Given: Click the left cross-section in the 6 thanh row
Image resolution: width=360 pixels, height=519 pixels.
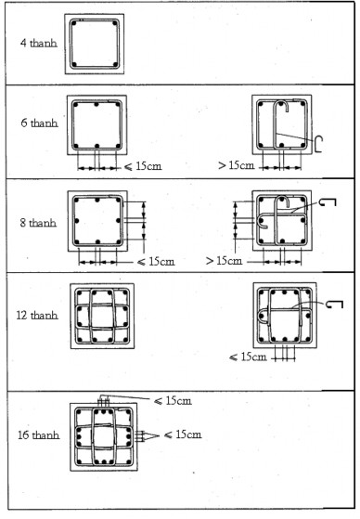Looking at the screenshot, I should [97, 124].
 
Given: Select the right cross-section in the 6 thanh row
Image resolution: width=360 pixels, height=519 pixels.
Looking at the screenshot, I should [283, 124].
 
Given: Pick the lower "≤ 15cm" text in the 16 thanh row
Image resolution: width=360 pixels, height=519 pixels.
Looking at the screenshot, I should [180, 435].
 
